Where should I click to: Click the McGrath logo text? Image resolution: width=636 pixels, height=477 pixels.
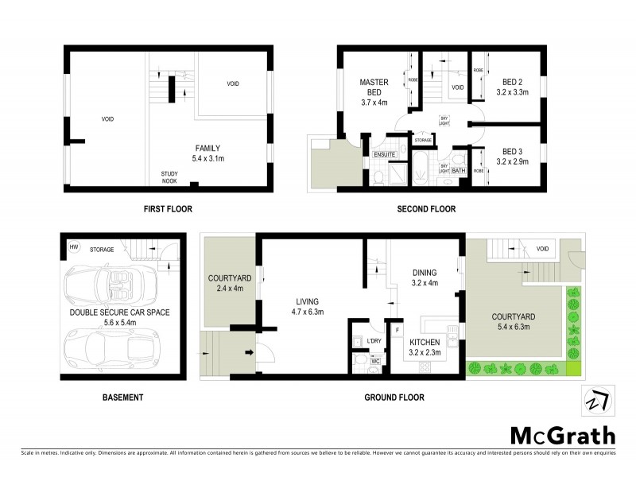[x=562, y=435]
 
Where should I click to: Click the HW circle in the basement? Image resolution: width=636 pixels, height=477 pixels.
[x=75, y=246]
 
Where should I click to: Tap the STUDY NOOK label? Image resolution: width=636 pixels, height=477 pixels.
[x=169, y=176]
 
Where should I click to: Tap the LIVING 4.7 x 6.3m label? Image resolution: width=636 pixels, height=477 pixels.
[x=307, y=307]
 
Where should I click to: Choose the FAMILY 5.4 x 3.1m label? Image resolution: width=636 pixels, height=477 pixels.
[x=208, y=153]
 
